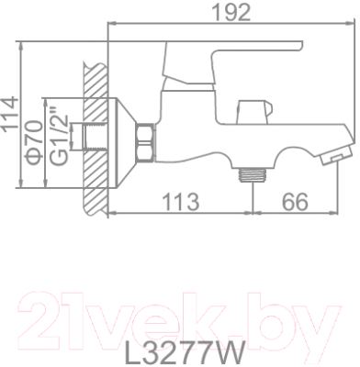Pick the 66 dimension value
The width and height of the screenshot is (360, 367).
291,201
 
